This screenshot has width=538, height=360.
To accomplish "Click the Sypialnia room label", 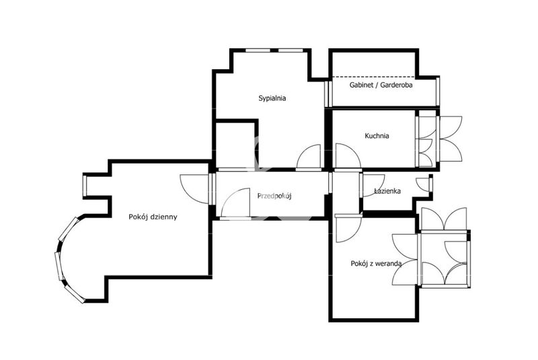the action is [272, 98].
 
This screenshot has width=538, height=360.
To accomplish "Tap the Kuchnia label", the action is [377, 136].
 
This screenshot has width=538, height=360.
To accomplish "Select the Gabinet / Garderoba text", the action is [381, 85].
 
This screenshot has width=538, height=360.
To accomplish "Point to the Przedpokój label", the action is [274, 196].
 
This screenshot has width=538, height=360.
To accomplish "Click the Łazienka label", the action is [387, 191].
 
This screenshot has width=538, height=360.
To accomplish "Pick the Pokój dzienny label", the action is [153, 217].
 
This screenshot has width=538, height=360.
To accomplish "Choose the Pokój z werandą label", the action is [376, 264].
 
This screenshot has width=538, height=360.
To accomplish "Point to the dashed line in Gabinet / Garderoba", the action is [374, 77].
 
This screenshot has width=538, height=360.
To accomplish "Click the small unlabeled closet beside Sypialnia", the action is [236, 145].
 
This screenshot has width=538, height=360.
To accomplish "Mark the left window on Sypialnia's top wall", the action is [258, 50].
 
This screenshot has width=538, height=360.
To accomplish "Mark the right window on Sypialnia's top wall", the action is [291, 50].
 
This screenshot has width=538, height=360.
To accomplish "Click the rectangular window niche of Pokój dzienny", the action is [85, 186].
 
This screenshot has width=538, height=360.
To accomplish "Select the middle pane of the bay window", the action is [59, 266].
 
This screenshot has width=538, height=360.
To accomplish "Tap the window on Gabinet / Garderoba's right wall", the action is [438, 92].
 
